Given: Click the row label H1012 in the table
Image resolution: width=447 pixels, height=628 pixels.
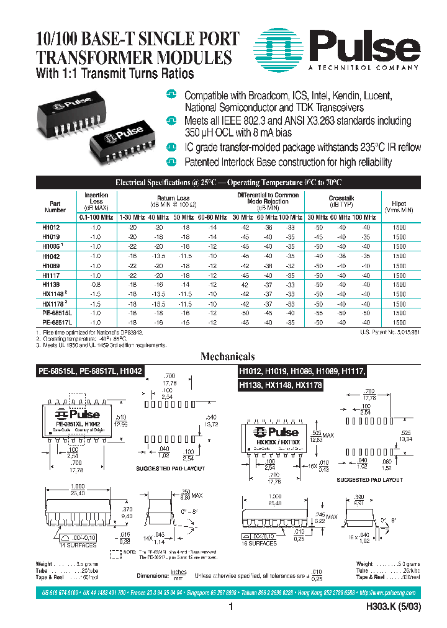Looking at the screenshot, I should click(51, 228).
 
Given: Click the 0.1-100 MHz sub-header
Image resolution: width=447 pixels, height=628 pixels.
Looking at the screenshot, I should click(96, 217).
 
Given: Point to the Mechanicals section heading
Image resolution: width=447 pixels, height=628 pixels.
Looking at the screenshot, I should click(227, 357).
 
